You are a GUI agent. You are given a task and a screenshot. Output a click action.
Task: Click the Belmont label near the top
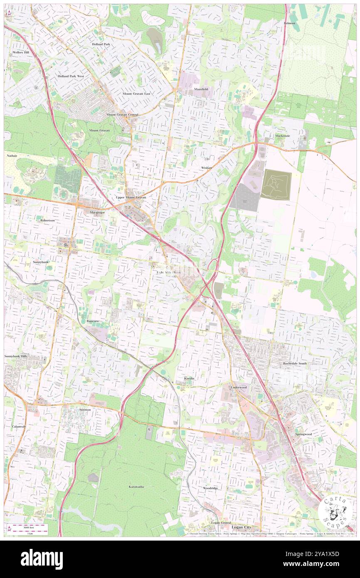[x=290, y=23]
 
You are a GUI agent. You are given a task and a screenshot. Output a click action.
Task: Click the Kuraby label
[x=190, y=378]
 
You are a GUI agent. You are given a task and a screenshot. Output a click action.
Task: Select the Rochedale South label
[x=295, y=363]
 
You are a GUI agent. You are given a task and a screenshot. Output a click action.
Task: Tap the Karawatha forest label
[x=136, y=487]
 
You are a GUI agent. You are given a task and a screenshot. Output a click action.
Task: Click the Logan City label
[x=241, y=527]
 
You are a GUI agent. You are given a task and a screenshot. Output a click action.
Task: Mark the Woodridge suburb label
[x=210, y=488]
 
